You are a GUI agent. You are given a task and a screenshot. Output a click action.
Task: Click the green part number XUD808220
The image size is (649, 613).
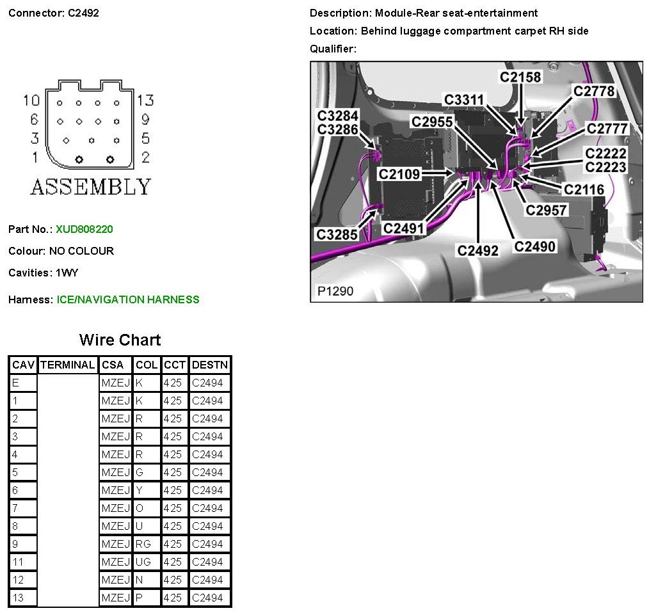click(84, 229)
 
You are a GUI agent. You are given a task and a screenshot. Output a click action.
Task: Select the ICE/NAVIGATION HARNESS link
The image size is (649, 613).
click(128, 299)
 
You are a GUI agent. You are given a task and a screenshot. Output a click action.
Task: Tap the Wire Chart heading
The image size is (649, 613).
click(120, 340)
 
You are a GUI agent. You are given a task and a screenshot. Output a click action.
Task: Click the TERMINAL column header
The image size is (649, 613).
click(67, 365)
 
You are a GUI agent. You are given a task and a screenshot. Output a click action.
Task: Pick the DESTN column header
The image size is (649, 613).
click(210, 365)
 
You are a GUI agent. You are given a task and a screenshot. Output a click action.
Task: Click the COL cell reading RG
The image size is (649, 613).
click(143, 544)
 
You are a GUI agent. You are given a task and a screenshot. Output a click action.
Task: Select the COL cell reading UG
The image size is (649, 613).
click(143, 562)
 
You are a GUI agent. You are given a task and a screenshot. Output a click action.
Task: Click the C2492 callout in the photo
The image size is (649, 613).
click(478, 250)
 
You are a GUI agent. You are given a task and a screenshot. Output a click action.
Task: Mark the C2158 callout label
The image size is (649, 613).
click(520, 77)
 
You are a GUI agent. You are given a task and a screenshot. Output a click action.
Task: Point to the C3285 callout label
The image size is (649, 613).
click(337, 234)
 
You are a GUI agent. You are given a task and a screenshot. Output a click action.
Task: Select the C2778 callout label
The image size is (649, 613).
click(593, 92)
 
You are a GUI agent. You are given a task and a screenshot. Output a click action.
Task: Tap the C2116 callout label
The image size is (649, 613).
click(584, 189)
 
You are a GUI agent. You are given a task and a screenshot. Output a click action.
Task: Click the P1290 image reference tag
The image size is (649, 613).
click(335, 291)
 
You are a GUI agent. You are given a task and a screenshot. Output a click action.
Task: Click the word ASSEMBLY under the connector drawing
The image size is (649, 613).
click(91, 187)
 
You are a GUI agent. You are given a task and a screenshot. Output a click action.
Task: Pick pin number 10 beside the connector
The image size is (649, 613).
click(31, 100)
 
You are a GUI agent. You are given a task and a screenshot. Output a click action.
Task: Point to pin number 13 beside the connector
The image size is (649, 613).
click(145, 100)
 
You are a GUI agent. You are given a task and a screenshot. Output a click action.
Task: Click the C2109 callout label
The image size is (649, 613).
click(399, 174)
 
